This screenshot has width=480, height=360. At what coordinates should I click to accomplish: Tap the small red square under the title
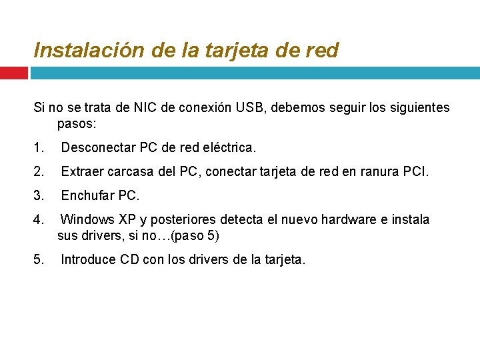pyautogui.click(x=13, y=73)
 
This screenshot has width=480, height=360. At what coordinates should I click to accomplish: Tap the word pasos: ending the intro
pyautogui.click(x=77, y=124)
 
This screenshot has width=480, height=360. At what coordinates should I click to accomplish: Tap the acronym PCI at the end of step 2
pyautogui.click(x=417, y=173)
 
